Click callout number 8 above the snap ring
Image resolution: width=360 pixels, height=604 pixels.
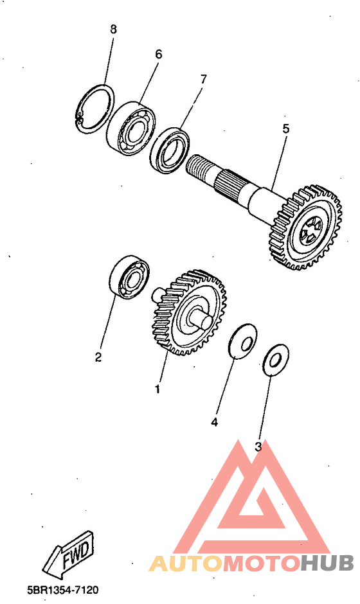point(113,30)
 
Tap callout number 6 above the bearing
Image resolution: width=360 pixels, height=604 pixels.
point(158,55)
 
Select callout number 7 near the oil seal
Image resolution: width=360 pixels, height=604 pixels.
point(203,79)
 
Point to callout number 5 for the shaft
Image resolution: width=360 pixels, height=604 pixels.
point(285,129)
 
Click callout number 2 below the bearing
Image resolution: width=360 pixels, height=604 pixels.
point(98,357)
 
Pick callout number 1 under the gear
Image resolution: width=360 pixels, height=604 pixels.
point(157,389)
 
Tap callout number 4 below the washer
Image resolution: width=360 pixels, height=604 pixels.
point(214,422)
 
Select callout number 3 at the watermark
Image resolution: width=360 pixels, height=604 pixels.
point(258,447)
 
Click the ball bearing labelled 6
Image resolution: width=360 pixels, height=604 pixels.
point(130,129)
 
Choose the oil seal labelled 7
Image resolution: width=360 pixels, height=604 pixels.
point(169,150)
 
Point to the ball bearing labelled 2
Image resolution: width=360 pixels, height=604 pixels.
point(129,276)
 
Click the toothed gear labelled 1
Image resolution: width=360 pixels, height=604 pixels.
point(188,312)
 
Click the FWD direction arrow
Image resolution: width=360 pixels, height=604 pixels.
point(69,555)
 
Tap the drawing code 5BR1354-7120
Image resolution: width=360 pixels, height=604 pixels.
point(63,589)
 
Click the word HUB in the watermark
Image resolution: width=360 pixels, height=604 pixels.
point(327,564)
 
